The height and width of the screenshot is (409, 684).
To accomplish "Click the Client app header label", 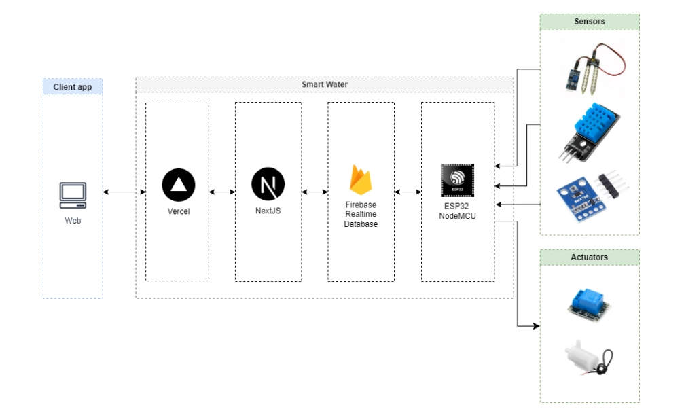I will (73, 87).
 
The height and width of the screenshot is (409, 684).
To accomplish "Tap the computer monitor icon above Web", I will (73, 195).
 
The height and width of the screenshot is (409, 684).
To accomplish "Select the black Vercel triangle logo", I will (179, 184).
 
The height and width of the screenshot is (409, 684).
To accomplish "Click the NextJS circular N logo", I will (268, 184).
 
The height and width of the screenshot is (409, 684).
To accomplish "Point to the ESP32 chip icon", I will (457, 180).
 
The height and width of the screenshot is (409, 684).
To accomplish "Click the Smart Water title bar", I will (324, 85).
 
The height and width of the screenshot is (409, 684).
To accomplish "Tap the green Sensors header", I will (589, 22).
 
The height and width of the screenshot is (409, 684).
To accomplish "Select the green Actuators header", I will (589, 257).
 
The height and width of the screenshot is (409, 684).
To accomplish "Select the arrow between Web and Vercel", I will (124, 192).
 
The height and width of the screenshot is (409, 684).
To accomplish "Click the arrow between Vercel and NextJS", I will (222, 192).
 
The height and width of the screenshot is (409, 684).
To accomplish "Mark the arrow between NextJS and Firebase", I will (314, 192).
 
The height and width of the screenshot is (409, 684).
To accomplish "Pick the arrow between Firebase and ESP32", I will (408, 192).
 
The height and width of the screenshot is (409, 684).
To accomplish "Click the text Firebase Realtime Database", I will (361, 214).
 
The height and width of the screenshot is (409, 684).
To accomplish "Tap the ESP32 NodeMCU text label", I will (457, 211).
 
